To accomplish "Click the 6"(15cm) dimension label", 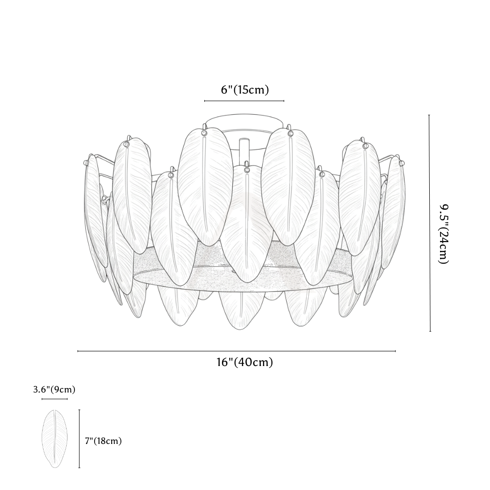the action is click(x=245, y=90).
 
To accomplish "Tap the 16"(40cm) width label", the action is click(x=245, y=362).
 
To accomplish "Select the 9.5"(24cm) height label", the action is click(x=444, y=235).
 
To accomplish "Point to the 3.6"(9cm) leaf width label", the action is click(x=54, y=390).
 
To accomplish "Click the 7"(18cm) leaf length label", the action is click(x=103, y=441).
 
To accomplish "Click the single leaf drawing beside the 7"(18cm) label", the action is click(x=55, y=439).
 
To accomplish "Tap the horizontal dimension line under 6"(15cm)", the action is click(x=245, y=101).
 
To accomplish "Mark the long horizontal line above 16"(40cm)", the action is click(x=237, y=351).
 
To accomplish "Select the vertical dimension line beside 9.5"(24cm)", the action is click(x=430, y=223).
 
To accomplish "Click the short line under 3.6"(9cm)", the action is click(x=55, y=399).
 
